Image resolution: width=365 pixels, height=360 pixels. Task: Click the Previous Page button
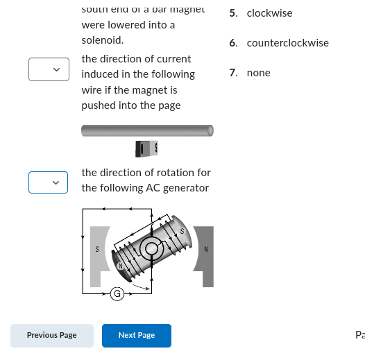(52, 335)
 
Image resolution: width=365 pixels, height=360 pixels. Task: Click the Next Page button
(137, 335)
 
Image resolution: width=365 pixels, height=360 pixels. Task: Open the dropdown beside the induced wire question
(49, 69)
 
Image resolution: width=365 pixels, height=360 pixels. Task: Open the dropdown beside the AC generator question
(49, 182)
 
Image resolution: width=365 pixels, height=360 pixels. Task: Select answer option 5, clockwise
(269, 13)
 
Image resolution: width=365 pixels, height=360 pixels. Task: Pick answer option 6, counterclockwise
(287, 43)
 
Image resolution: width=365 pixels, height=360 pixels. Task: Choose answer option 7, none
(258, 73)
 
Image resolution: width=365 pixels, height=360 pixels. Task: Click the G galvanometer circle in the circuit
(117, 294)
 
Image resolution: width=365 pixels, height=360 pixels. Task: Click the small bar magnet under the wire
(147, 148)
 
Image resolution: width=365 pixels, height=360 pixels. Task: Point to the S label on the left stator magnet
(97, 248)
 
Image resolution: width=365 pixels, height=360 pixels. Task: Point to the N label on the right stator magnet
(206, 248)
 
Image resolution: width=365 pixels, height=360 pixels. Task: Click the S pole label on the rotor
(182, 231)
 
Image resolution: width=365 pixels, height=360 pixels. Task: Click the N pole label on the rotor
(120, 266)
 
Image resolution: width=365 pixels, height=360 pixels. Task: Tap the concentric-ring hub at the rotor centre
(151, 249)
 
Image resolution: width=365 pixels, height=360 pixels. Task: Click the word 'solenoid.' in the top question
(103, 40)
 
